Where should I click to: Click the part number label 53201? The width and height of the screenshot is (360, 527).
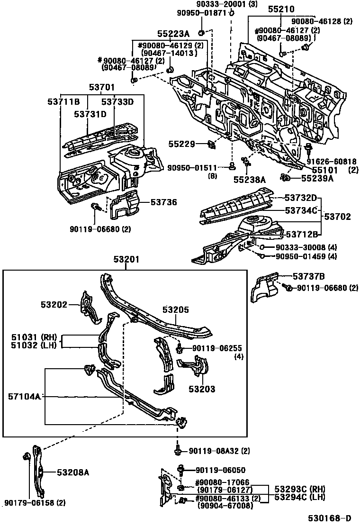tap(126, 259)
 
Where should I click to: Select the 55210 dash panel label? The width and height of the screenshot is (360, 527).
tap(281, 9)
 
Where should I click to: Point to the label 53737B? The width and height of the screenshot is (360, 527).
tap(308, 277)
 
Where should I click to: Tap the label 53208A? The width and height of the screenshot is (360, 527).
tap(73, 472)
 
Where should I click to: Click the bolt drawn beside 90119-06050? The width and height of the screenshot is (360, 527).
tap(180, 471)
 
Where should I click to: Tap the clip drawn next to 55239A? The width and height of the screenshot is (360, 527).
tap(286, 178)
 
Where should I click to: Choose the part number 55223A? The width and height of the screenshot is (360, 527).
tap(173, 34)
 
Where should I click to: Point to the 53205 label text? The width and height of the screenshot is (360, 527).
tap(176, 310)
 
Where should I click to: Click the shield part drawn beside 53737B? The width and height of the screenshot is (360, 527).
tap(264, 289)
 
